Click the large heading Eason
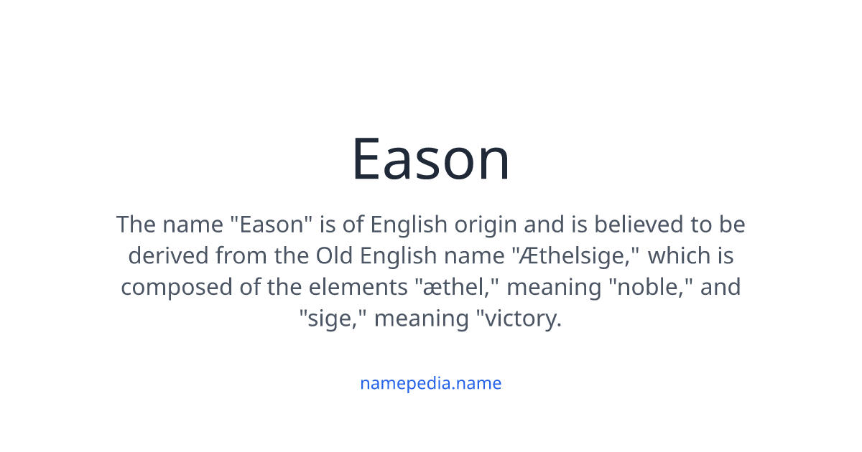[x=430, y=159]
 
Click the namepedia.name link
[x=430, y=383]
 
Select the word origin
[x=485, y=225]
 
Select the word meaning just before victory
[x=420, y=318]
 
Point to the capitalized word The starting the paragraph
[x=136, y=225]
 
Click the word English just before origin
[x=408, y=225]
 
